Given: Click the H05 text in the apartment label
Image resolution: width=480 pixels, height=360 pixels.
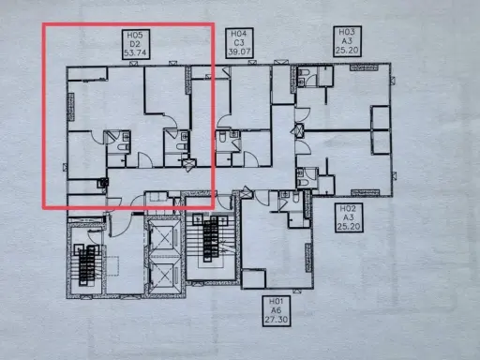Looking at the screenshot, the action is (135, 35).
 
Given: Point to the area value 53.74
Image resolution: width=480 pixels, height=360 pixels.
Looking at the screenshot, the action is (135, 52).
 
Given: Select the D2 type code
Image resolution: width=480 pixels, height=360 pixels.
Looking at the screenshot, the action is (135, 44).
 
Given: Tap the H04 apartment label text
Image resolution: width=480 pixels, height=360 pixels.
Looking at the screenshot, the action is (239, 34).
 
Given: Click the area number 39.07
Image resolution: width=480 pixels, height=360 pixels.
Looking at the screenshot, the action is (239, 52).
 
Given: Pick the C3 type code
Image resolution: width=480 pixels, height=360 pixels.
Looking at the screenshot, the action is (239, 42).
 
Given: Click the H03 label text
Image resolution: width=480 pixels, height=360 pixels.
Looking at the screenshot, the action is (347, 32).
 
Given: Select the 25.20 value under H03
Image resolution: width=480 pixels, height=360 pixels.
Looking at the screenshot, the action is (347, 50).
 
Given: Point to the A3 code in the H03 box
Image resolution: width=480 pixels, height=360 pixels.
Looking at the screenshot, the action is (347, 41).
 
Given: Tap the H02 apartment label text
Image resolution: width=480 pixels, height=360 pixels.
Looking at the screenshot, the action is (349, 208).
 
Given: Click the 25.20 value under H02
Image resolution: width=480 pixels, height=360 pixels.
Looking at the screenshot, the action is (349, 226).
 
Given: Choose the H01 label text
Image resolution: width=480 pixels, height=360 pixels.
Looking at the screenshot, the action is (277, 302).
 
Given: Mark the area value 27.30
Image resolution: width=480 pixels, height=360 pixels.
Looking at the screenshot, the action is (277, 320).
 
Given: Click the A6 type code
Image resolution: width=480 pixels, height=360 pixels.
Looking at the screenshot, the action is (277, 310).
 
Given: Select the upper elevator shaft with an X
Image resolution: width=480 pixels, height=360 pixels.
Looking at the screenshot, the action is (164, 238).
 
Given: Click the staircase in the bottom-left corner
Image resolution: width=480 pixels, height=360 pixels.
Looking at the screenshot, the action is (87, 264).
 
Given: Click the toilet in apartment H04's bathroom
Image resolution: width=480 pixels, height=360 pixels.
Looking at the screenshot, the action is (222, 137).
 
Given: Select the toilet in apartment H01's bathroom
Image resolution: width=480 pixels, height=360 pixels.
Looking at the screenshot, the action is (295, 198).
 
